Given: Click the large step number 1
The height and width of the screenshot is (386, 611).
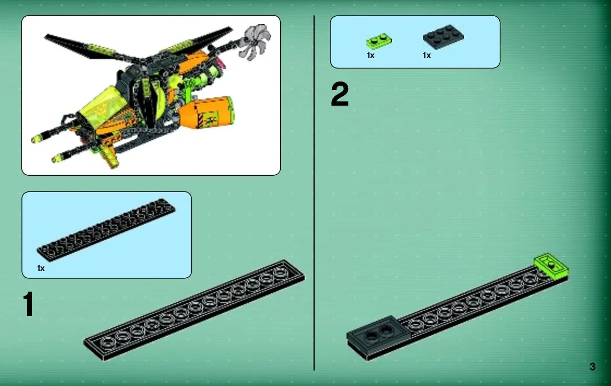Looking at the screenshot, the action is click(28, 304).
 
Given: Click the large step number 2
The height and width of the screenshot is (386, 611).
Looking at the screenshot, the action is click(340, 94).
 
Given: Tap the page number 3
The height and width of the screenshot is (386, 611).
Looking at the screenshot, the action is click(592, 367).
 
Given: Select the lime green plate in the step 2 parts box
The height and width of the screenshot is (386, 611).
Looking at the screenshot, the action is click(379, 41).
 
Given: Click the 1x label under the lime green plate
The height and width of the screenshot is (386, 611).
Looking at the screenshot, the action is click(371, 55).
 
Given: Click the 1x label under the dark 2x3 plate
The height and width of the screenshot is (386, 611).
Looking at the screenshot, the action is click(426, 55).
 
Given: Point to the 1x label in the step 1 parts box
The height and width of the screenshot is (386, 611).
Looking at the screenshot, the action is click(41, 268).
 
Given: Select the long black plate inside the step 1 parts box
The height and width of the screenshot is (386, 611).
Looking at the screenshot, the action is click(106, 230).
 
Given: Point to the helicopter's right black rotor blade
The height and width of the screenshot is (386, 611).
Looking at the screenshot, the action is click(195, 42).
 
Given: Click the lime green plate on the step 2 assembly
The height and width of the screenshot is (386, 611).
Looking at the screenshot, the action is click(551, 266).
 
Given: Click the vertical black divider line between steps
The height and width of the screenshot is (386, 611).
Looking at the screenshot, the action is click(314, 193).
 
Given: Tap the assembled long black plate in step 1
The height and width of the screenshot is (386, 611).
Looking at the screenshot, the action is click(194, 310).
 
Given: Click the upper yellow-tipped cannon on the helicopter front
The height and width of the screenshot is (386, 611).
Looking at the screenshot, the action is click(54, 131).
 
